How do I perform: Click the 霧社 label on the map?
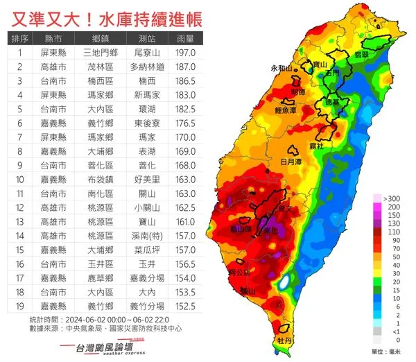pos(317,148)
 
